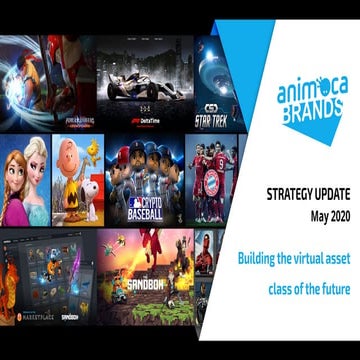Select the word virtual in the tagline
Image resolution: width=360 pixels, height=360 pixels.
click(306, 259)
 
